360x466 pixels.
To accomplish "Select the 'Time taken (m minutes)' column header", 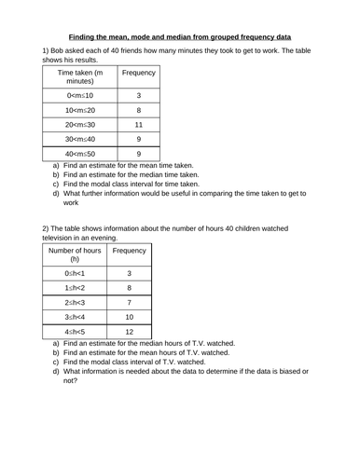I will (x=80, y=77).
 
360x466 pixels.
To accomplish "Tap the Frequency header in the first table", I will (x=138, y=72).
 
